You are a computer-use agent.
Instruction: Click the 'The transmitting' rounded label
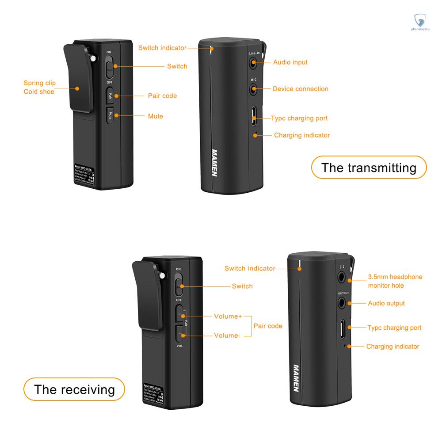[369, 168]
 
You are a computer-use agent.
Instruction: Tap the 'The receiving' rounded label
[74, 389]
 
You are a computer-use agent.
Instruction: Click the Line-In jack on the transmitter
[253, 63]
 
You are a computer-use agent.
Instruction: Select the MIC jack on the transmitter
[253, 89]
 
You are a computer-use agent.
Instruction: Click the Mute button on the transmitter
[110, 116]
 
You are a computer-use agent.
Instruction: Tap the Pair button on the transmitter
[110, 95]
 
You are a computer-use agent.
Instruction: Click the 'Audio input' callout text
[290, 62]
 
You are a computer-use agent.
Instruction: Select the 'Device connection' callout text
[300, 89]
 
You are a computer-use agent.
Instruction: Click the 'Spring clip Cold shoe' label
[39, 87]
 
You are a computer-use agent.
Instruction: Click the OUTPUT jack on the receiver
[343, 303]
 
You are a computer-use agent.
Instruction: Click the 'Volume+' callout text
[228, 316]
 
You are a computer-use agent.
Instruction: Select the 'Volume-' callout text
[227, 335]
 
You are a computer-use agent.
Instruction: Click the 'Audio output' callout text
[386, 303]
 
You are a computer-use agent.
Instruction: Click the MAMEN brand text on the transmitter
[214, 162]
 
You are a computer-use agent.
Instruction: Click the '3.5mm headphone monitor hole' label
[395, 281]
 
